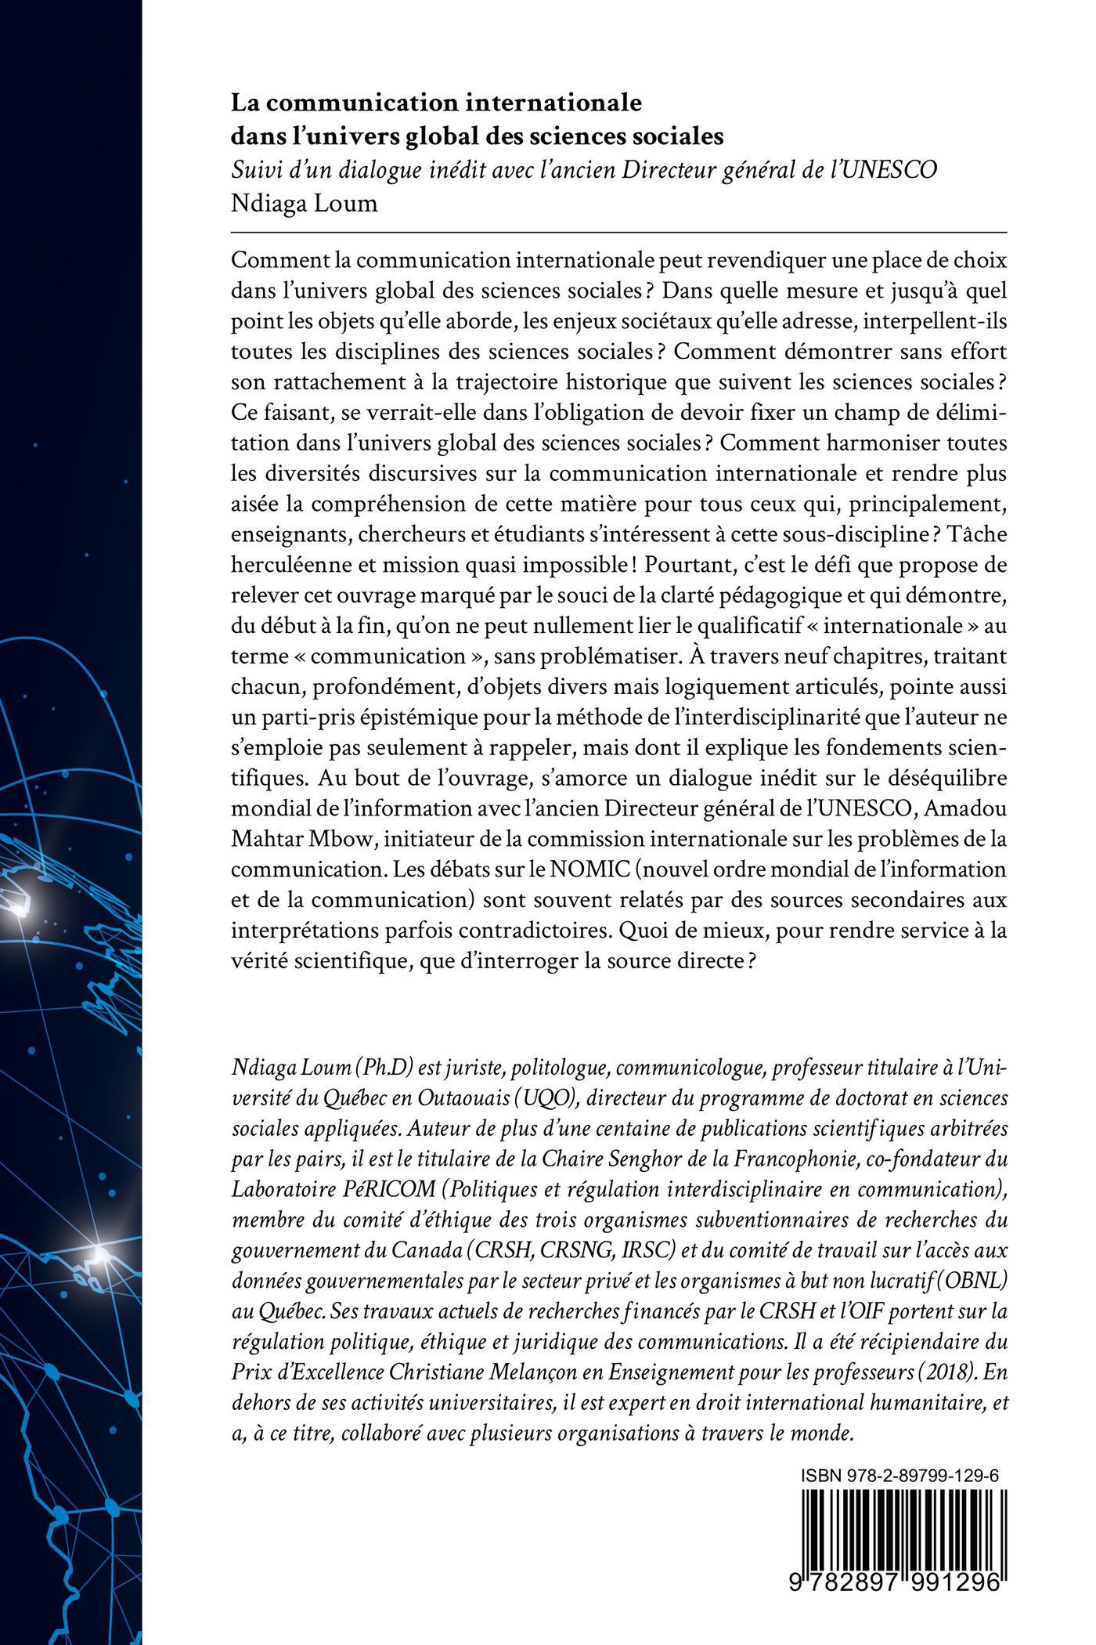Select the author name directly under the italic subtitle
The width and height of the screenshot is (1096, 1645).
tap(305, 204)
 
